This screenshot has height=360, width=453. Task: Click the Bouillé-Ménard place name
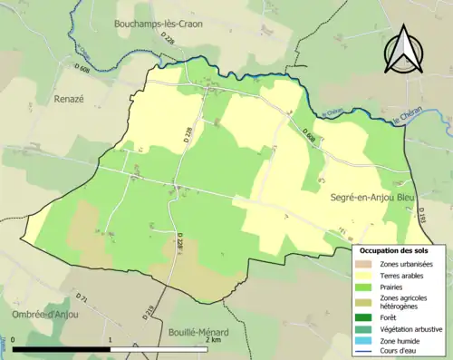click(x=198, y=332)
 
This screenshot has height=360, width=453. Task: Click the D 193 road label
click(x=422, y=216)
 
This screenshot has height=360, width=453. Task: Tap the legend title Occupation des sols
click(x=395, y=250)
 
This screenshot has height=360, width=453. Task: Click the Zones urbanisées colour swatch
click(x=367, y=263)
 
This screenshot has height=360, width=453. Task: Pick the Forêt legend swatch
click(x=367, y=317)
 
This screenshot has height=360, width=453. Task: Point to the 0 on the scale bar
click(x=13, y=339)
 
